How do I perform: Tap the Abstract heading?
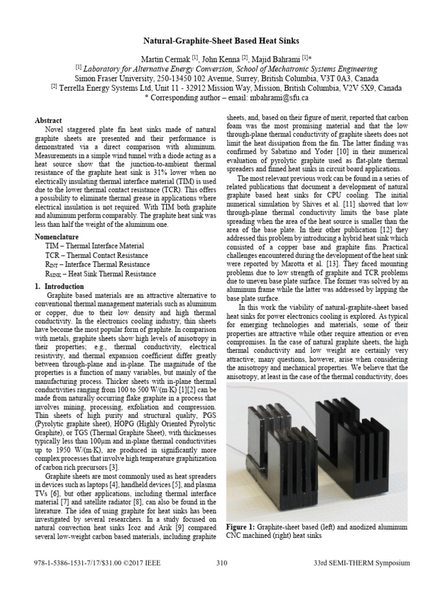click(x=48, y=121)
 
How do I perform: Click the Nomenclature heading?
click(x=60, y=235)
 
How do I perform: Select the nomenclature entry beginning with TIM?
click(x=94, y=245)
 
